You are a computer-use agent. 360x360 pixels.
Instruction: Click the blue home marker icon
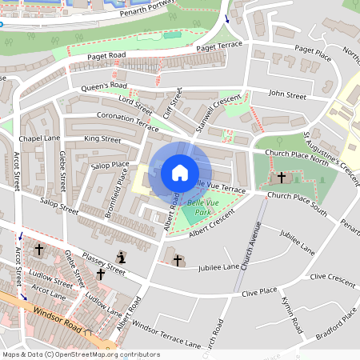pyautogui.click(x=179, y=173)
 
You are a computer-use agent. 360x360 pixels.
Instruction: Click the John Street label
pyautogui.click(x=287, y=95)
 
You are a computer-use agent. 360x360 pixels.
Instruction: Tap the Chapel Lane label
pyautogui.click(x=40, y=138)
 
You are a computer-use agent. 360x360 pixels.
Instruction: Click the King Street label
pyautogui.click(x=102, y=139)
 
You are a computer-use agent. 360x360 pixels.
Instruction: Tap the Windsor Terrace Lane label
pyautogui.click(x=166, y=334)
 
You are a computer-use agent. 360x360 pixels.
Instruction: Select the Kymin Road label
pyautogui.click(x=291, y=315)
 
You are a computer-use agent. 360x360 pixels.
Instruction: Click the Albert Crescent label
pyautogui.click(x=211, y=224)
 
